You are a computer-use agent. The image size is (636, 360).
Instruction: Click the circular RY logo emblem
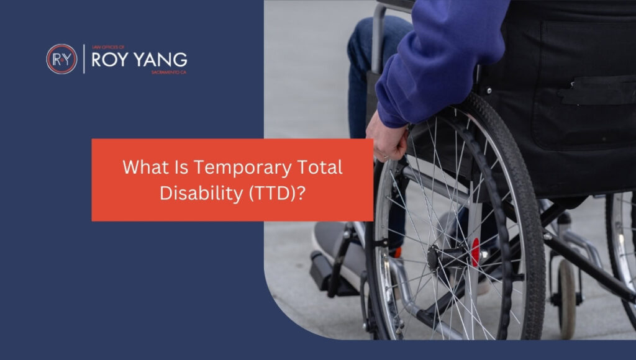61,59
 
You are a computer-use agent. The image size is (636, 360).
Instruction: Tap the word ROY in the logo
112,60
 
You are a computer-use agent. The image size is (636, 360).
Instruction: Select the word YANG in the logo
161,60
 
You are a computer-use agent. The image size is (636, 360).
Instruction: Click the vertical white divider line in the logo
84,59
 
